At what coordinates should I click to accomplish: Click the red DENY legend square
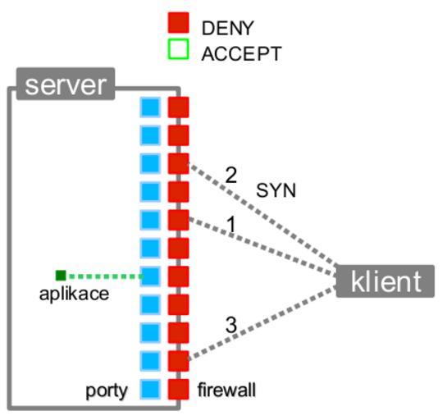pos(178,22)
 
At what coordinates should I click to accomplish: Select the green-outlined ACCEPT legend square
pos(178,49)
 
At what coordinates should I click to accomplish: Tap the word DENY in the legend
pos(227,28)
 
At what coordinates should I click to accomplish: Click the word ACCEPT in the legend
pos(241,53)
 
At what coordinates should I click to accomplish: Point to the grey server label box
pos(66,84)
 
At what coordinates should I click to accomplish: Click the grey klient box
pos(385,281)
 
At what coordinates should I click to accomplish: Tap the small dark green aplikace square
pos(61,276)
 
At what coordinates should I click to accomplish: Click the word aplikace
pos(74,294)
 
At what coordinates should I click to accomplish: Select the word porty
pos(107,391)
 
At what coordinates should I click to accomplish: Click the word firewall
pos(227,390)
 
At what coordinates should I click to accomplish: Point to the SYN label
pos(276,190)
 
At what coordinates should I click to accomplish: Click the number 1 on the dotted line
pos(232,224)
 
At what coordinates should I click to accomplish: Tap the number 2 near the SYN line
pos(231,175)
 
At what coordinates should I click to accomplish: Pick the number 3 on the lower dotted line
pos(231,325)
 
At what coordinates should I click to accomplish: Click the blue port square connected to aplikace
pos(150,276)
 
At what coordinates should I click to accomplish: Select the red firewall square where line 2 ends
pos(178,164)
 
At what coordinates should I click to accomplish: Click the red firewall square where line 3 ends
pos(178,361)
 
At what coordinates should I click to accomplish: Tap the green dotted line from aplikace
pos(106,276)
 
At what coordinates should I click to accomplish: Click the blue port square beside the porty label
pos(150,389)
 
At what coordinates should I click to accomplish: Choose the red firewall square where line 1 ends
pos(178,220)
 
